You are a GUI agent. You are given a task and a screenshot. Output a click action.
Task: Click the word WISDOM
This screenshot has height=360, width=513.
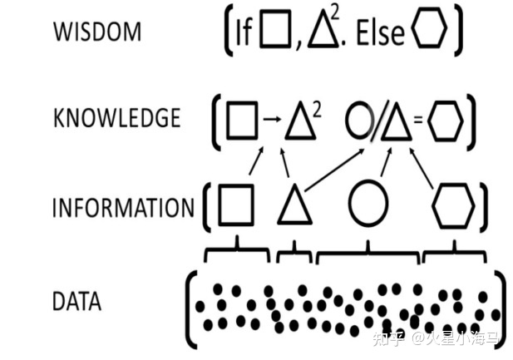pos(96,32)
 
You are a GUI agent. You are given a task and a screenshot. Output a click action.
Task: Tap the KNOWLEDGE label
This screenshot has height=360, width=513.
pos(116,118)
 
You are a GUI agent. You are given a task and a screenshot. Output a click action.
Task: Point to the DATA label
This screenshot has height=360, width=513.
pos(76,300)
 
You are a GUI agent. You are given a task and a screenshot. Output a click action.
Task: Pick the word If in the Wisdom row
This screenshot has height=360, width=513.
pos(244,33)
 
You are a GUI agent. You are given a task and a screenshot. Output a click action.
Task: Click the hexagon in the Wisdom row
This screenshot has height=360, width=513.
pos(429,32)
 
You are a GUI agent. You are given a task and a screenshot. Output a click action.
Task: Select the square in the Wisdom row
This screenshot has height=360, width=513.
pos(272,32)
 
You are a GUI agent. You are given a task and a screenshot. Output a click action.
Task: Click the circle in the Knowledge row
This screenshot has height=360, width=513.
pos(358,121)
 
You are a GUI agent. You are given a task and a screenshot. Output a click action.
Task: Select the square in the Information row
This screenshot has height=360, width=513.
pos(237,205)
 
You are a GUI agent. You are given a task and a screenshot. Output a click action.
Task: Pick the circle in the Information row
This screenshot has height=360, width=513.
pos(367,205)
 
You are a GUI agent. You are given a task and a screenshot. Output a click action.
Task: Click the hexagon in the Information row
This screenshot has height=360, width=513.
pos(453,205)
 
